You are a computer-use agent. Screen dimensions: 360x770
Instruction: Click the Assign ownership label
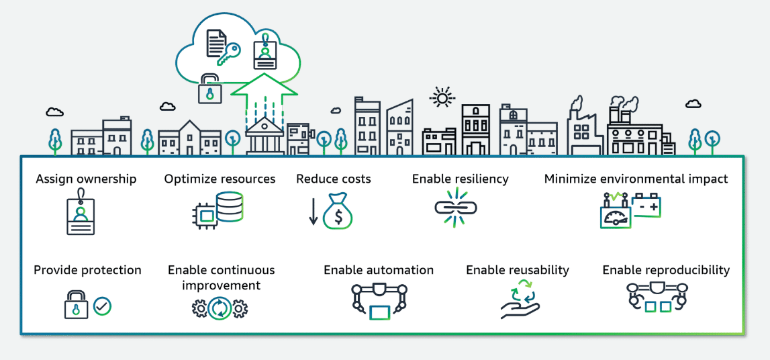click(x=86, y=179)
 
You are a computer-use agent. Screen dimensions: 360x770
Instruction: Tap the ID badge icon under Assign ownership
click(x=81, y=213)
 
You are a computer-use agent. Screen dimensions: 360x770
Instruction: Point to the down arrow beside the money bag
click(x=314, y=211)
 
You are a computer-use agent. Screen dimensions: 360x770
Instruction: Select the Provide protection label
click(x=87, y=270)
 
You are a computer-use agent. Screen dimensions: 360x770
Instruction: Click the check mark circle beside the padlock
click(x=103, y=307)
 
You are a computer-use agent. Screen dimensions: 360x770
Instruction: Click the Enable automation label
click(x=379, y=270)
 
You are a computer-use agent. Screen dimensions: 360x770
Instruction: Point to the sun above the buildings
click(x=442, y=98)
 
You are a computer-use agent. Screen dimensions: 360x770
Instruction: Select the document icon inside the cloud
click(x=215, y=42)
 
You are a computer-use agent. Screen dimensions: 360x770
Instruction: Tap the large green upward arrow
click(x=263, y=94)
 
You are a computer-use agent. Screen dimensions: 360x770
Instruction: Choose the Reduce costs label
click(x=334, y=179)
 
